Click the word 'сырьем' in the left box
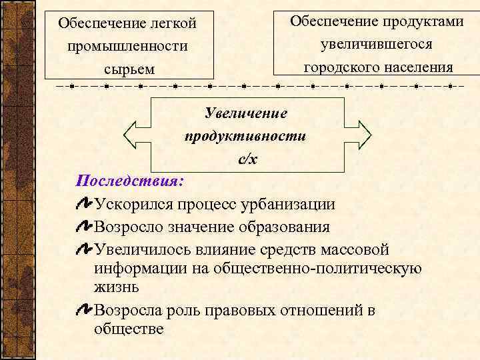tap(129, 69)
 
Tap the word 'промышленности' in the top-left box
tap(127, 47)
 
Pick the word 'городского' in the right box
tap(337, 67)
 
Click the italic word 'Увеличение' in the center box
tap(246, 113)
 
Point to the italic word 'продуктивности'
tap(245, 136)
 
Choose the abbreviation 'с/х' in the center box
tap(247, 159)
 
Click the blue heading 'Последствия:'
tap(131, 181)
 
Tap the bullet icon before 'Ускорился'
tap(85, 203)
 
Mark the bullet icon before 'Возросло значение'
tap(85, 226)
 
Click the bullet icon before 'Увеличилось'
tap(85, 249)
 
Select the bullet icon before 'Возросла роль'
tap(85, 309)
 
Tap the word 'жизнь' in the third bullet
tap(117, 287)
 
